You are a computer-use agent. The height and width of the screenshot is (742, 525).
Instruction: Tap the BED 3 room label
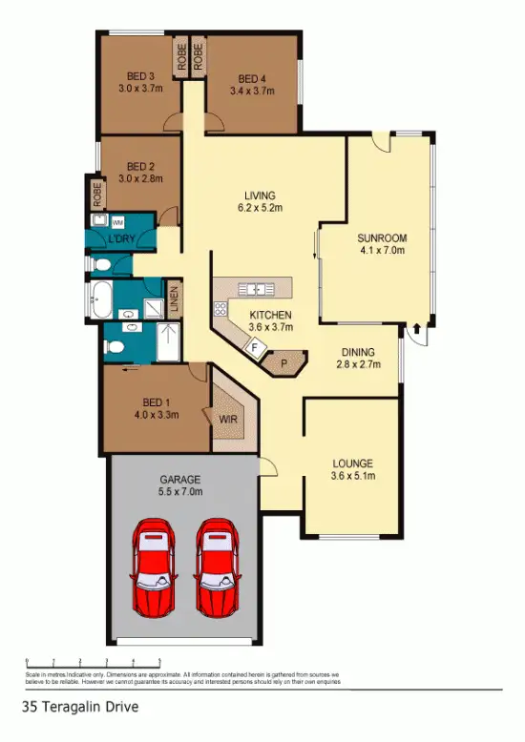(x=140, y=78)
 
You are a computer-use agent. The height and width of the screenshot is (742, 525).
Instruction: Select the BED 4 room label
(x=251, y=78)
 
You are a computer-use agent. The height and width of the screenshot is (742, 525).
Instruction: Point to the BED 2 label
(x=140, y=165)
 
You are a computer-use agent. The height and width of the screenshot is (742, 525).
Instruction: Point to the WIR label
(x=229, y=418)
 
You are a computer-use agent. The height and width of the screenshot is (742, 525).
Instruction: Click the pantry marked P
(x=284, y=362)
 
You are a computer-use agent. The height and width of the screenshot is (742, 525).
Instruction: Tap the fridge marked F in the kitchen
(x=254, y=348)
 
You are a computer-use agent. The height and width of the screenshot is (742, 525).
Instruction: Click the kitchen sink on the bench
(x=256, y=288)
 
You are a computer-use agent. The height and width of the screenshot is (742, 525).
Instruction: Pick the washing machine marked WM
(x=118, y=221)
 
